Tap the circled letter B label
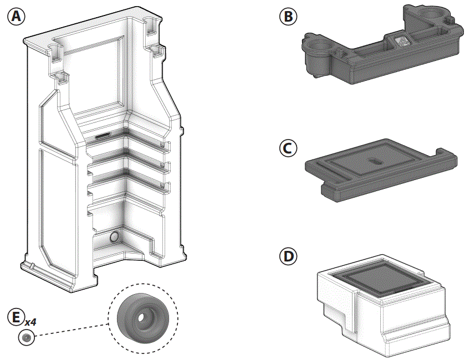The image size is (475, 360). point(288,17)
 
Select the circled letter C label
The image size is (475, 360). point(288,148)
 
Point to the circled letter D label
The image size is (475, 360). point(288,257)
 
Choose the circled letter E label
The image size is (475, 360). point(16,317)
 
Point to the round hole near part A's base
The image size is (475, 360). point(115,237)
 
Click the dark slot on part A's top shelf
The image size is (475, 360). point(104,135)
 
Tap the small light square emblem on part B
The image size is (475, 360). point(402,40)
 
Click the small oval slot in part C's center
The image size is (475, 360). point(374,162)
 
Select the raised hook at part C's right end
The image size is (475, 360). point(446,154)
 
